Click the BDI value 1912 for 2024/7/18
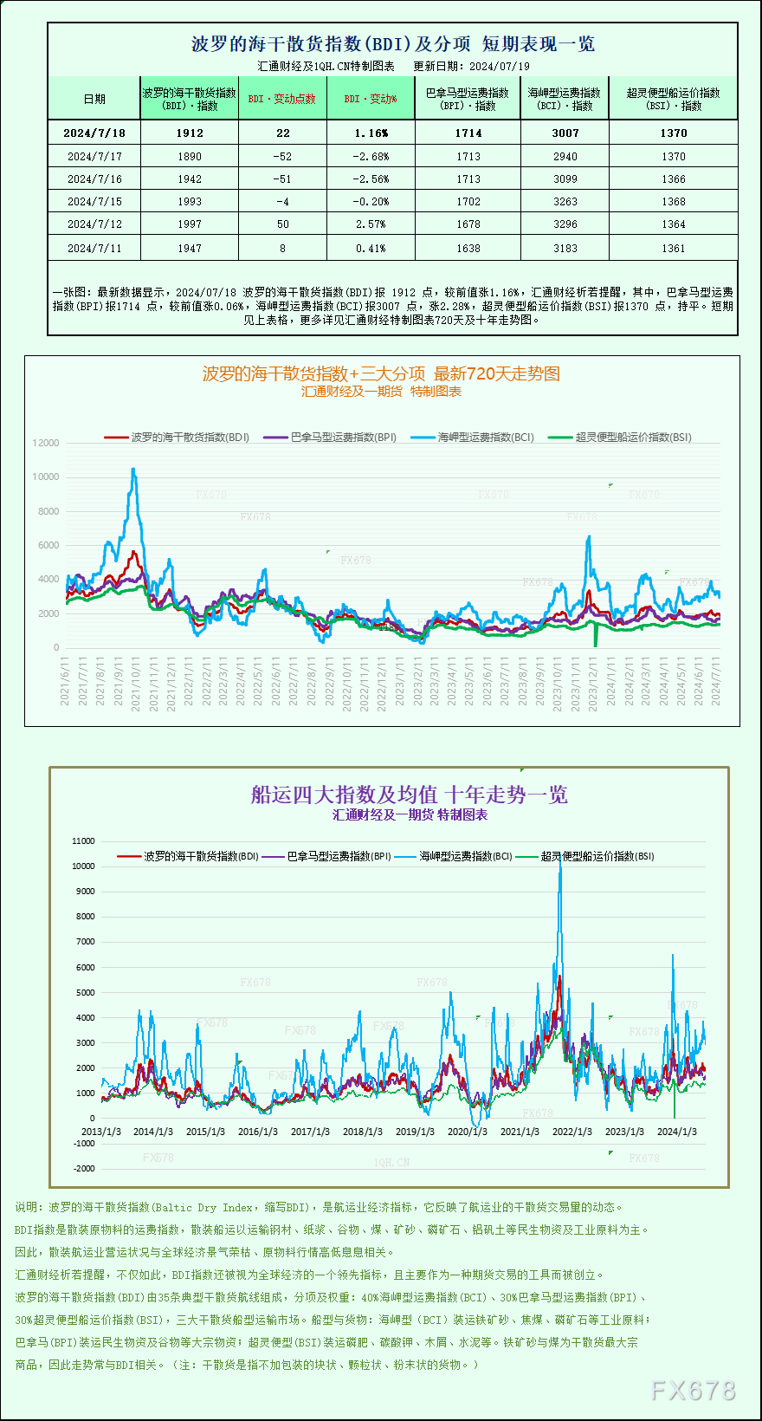coord(190,133)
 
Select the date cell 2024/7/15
coord(94,202)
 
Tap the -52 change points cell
coord(283,157)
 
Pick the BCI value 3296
coord(565,224)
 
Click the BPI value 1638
coord(468,249)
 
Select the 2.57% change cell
coord(371,224)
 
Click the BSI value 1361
coord(673,249)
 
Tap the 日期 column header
coord(94,100)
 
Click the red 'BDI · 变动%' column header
coord(371,100)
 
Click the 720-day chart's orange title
coord(381,374)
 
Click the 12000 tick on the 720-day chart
coord(46,443)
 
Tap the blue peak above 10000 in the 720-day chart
coord(133,470)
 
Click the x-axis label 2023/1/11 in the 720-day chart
coord(399,685)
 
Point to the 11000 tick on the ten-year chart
coord(83,841)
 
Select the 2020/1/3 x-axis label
coord(467,1132)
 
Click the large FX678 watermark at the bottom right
coord(693,1391)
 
